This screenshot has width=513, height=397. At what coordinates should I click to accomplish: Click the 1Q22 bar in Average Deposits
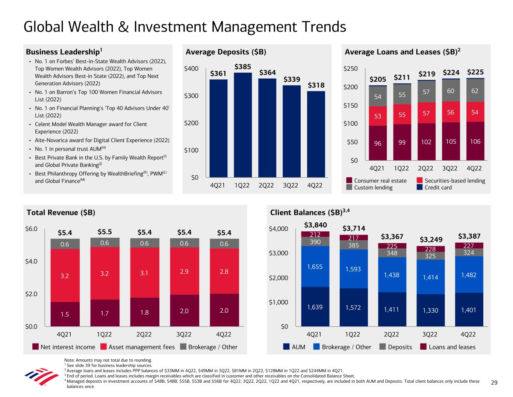243,125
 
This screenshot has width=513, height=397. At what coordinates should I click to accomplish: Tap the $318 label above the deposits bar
316,85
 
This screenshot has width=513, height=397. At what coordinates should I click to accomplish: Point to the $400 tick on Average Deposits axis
191,69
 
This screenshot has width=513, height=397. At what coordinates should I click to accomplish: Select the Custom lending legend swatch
349,187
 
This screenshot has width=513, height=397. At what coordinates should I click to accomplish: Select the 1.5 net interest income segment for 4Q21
65,314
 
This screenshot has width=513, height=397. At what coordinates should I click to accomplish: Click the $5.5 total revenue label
104,232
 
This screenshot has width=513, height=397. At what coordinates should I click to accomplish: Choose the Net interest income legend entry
64,347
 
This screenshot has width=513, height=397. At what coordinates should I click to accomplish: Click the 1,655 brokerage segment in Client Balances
315,266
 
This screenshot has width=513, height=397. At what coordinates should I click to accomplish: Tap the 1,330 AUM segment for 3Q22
430,310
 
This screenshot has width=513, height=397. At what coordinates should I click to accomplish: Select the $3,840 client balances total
315,225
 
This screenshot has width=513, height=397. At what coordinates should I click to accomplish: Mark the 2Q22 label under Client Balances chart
391,334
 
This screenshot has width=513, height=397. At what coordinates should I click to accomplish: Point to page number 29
494,383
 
